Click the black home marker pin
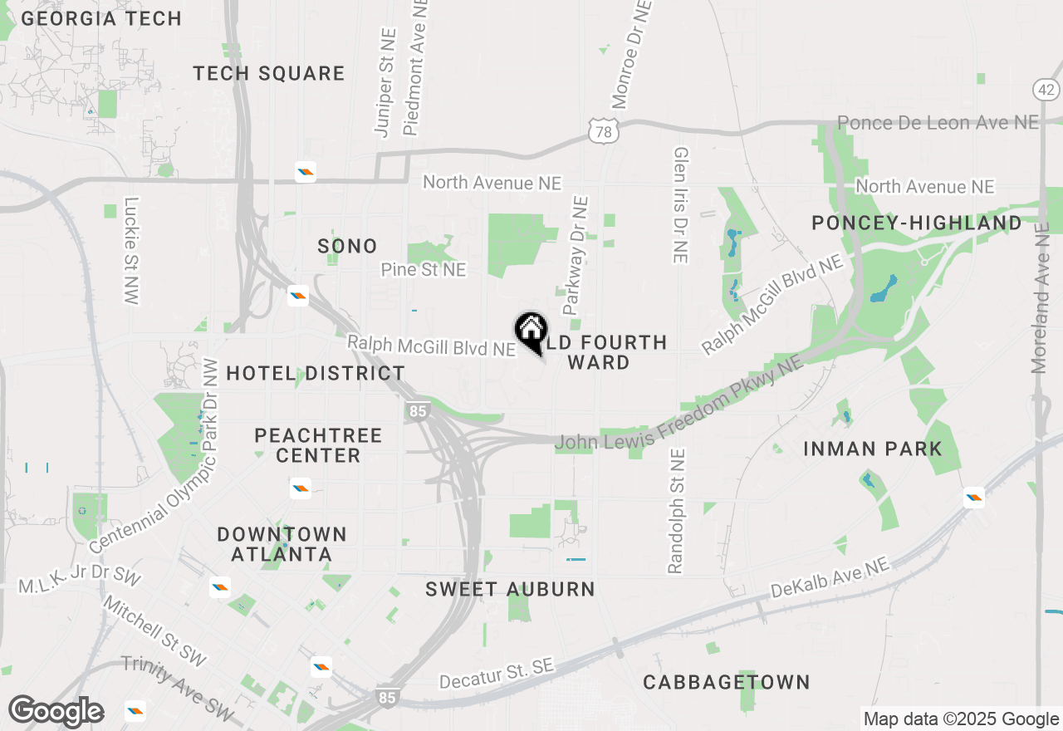(531, 331)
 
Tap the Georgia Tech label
(101, 18)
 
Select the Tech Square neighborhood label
(269, 74)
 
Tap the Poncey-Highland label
(917, 223)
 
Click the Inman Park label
(873, 449)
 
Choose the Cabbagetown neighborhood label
(727, 683)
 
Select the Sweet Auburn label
(510, 590)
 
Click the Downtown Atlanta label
(282, 544)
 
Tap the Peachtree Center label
(318, 445)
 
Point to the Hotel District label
(316, 374)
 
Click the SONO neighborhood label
(347, 247)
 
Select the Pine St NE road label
(424, 270)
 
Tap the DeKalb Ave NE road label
(830, 578)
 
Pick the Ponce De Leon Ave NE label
(938, 123)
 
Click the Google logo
(56, 711)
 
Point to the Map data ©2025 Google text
(961, 719)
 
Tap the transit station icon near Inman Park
(974, 498)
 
